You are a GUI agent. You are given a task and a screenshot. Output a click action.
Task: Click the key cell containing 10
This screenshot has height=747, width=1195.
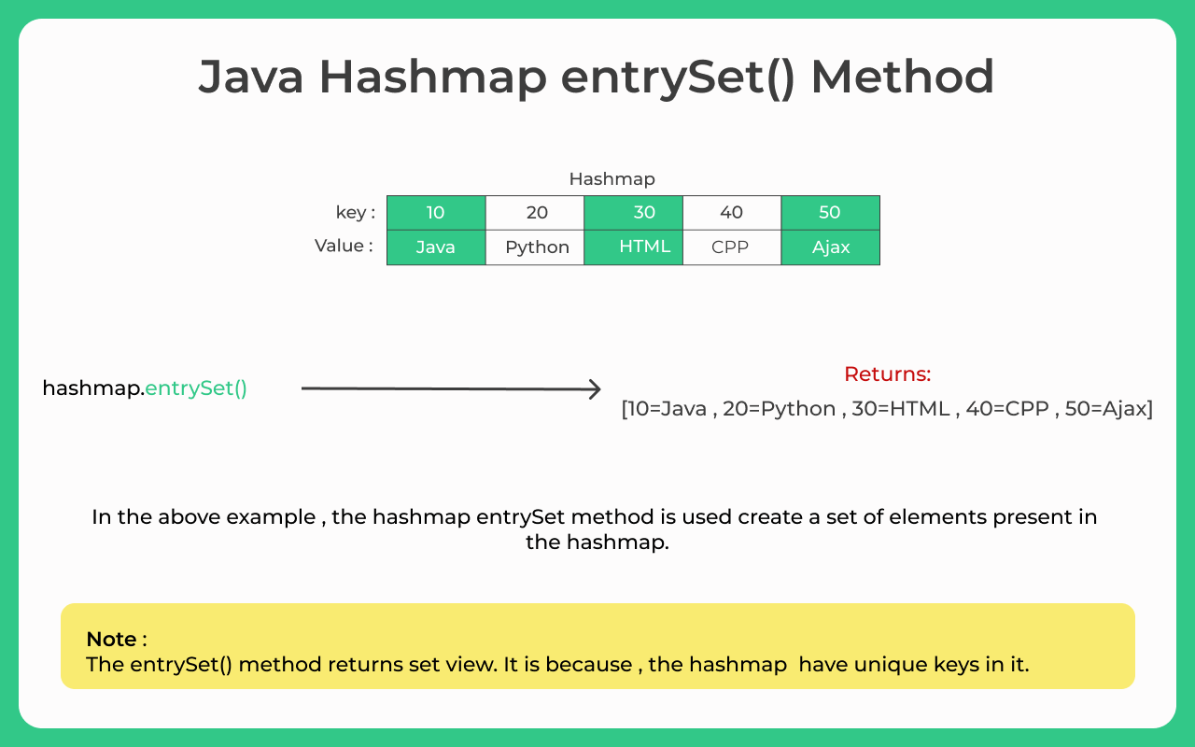436,213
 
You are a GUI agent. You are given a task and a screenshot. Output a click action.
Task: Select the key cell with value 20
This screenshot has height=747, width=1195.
535,213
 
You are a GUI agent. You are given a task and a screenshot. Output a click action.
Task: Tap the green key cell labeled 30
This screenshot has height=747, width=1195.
633,213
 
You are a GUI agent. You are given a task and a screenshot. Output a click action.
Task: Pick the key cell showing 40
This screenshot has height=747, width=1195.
732,213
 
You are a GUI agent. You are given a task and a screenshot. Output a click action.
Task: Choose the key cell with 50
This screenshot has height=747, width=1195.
831,213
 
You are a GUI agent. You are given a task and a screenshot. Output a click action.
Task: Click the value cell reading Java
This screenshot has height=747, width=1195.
436,247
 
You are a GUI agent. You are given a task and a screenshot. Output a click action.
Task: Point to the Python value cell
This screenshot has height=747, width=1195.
535,247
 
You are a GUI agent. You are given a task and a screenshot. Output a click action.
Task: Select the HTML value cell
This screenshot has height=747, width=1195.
633,247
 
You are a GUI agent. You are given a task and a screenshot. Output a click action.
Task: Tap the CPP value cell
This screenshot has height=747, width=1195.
732,247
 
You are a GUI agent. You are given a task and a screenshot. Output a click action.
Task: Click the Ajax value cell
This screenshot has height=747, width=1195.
831,247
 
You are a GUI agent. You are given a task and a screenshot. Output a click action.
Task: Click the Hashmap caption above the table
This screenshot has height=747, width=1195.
612,179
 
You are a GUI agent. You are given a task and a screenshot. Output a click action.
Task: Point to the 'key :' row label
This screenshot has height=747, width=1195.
356,212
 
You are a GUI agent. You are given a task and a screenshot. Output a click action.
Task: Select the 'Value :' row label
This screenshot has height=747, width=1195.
344,246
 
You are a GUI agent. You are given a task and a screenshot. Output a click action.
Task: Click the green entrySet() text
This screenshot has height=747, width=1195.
196,388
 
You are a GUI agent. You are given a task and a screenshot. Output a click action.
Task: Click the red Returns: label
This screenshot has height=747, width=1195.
887,374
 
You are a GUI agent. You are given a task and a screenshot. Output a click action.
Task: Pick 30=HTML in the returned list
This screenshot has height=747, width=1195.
901,409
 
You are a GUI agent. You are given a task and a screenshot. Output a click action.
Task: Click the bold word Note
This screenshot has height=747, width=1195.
111,639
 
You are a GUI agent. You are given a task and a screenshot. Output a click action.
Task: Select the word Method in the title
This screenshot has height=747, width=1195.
902,78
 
